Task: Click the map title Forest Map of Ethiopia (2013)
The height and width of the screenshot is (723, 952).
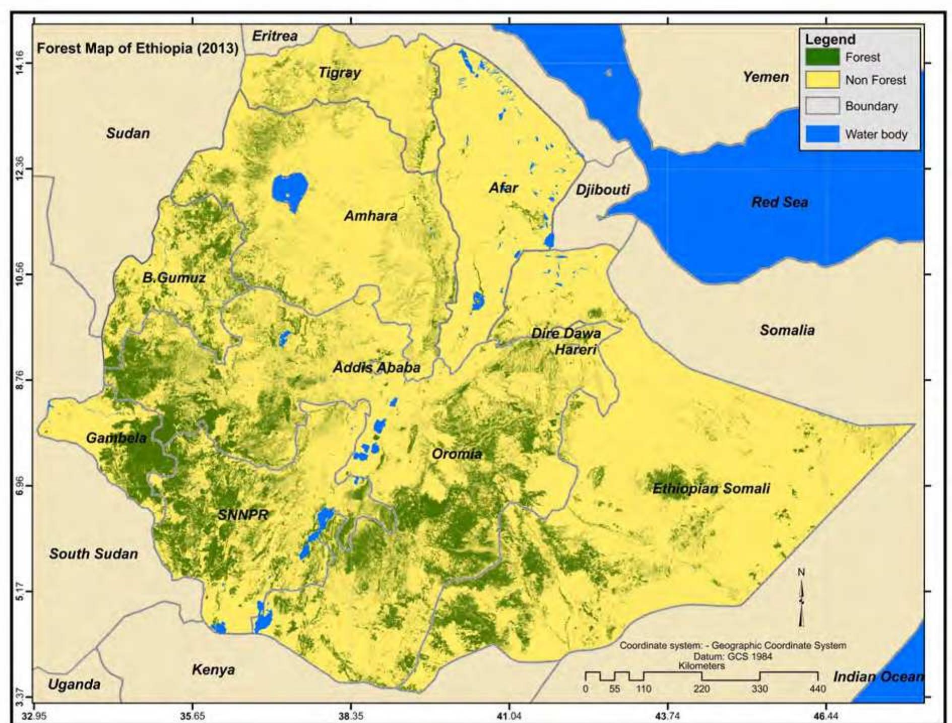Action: point(138,49)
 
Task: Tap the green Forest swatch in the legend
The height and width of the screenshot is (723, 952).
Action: point(822,57)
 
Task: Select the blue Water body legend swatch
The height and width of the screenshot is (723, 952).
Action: point(822,134)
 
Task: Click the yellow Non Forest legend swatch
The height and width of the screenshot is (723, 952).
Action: point(822,80)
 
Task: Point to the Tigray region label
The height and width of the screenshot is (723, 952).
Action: point(340,73)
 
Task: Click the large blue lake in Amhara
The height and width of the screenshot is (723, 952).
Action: point(290,189)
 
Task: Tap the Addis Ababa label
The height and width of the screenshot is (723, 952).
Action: point(376,367)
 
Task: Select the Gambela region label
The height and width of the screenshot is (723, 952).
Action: point(116,438)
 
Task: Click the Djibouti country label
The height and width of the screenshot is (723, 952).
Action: point(603,190)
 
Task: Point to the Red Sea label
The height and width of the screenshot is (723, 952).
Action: point(779,202)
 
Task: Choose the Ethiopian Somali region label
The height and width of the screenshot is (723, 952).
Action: point(711,488)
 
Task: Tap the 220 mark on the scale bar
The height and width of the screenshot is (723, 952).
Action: point(702,688)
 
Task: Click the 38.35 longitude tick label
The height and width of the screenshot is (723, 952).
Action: point(351,715)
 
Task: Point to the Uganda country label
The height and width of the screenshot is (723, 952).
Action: point(74,684)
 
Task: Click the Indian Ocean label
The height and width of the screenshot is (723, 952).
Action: point(878,677)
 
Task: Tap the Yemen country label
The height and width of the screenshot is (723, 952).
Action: point(766,77)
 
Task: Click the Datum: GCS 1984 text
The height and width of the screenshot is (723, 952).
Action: point(732,656)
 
